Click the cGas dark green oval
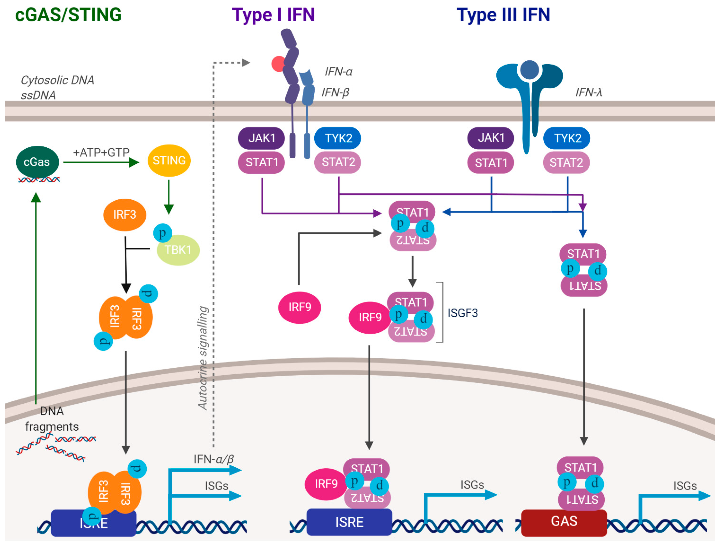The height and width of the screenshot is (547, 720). click(x=37, y=162)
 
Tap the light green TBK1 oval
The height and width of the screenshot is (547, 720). click(x=178, y=250)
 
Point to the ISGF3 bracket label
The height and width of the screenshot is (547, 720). click(x=462, y=313)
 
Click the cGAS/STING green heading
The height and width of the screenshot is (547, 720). click(x=68, y=15)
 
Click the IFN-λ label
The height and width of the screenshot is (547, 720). click(x=588, y=92)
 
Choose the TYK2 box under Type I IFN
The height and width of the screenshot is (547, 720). click(x=338, y=138)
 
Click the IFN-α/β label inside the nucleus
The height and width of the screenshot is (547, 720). click(x=214, y=459)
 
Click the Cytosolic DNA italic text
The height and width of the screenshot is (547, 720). click(x=57, y=80)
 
